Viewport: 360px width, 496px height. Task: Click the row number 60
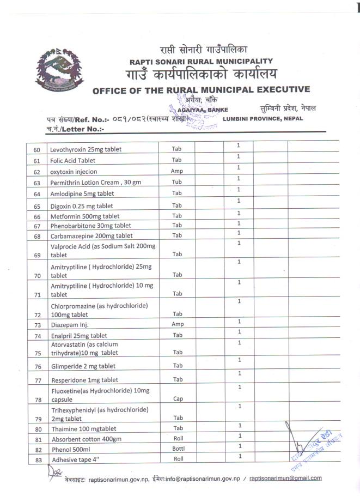point(37,150)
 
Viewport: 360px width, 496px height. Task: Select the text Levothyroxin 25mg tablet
point(86,149)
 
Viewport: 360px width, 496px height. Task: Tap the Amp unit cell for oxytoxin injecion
point(176,171)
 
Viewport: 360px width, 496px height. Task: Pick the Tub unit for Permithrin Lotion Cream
point(176,182)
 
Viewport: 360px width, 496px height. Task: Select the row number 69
point(37,255)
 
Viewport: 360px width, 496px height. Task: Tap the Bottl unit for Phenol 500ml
point(179,449)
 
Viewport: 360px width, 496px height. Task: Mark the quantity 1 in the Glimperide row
point(239,360)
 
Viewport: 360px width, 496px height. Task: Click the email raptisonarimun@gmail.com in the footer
point(285,478)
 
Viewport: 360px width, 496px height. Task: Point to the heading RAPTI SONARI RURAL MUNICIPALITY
point(201,62)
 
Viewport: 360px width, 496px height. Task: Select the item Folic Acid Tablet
point(72,160)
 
